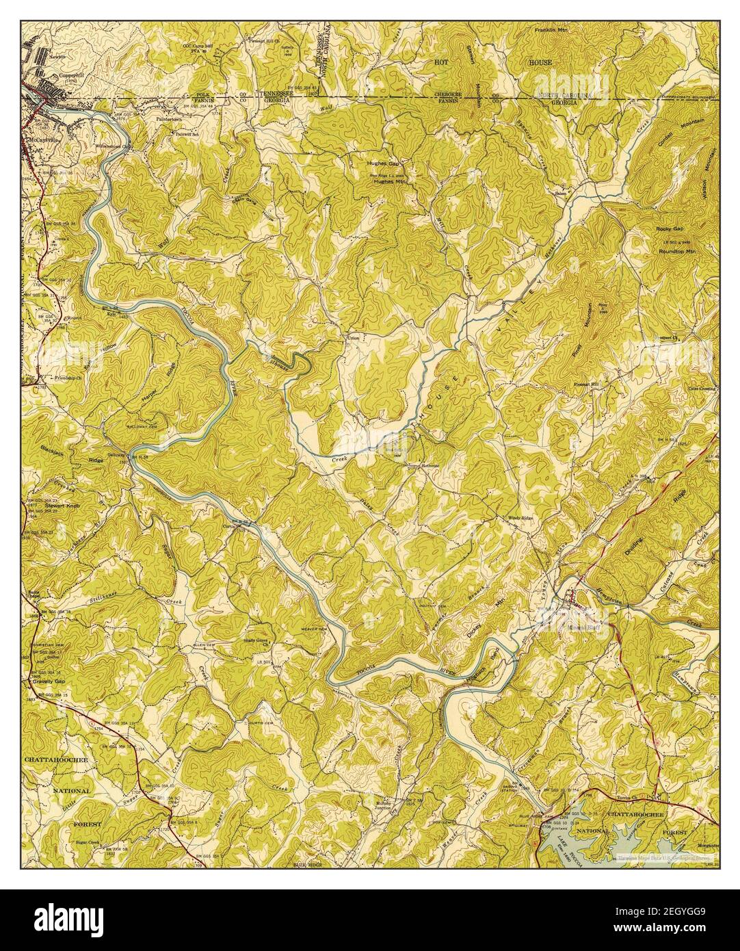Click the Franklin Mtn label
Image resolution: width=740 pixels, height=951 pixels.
(551, 31)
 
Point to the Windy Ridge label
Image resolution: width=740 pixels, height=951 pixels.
(520, 518)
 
